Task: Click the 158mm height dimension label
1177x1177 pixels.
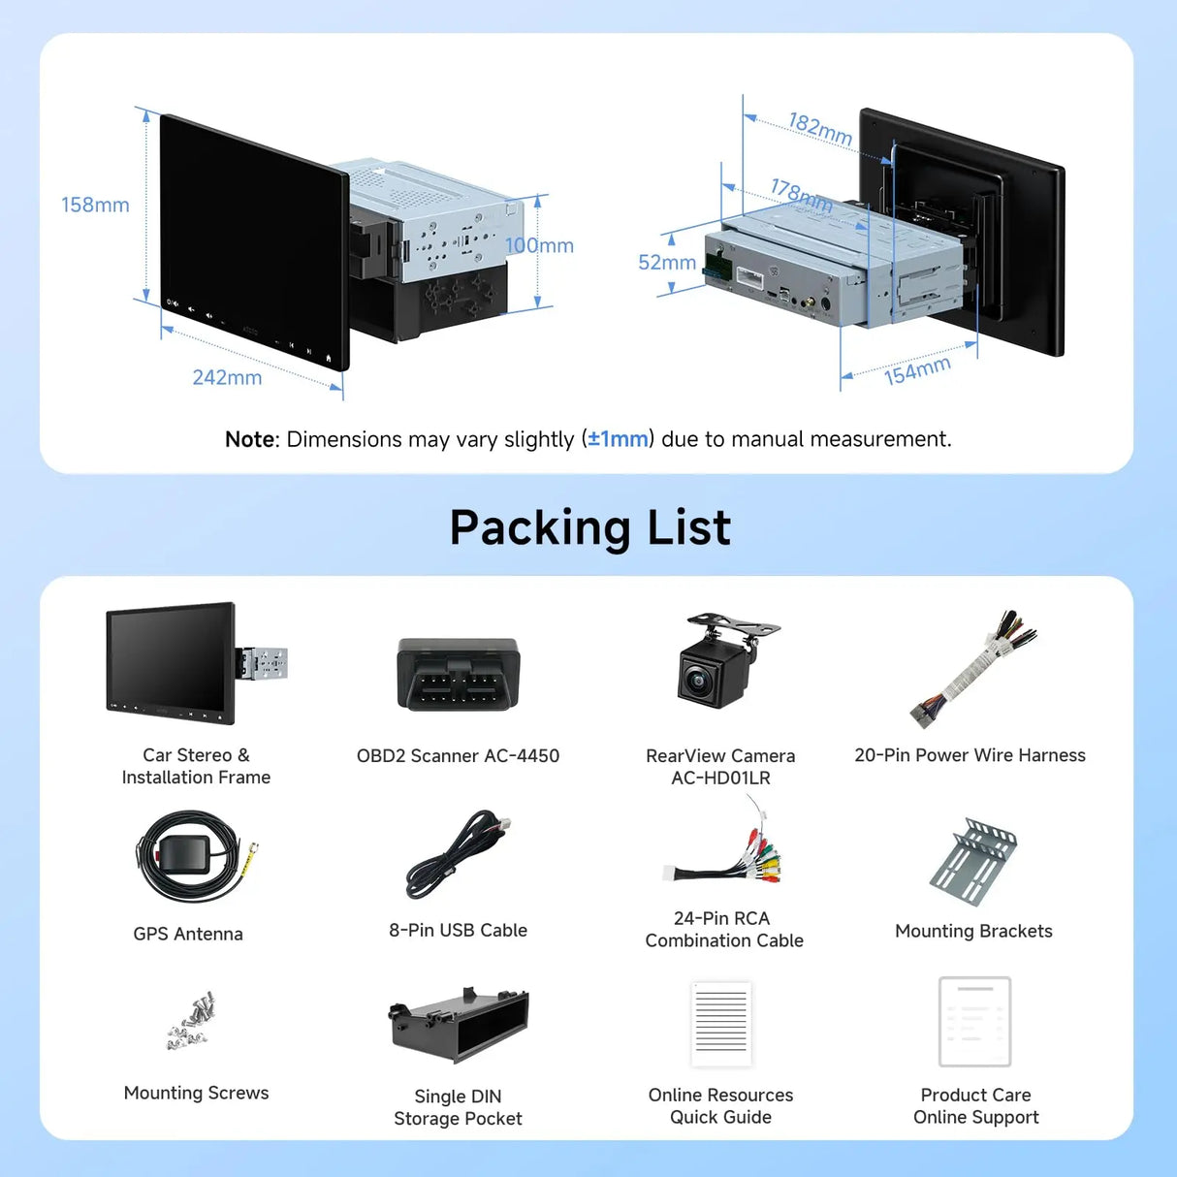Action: click(95, 205)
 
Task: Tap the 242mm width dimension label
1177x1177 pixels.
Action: click(227, 377)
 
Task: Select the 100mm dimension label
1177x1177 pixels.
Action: click(540, 245)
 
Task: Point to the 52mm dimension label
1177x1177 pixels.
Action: click(667, 263)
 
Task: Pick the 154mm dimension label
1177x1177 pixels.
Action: click(917, 370)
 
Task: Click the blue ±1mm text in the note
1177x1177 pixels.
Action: click(618, 439)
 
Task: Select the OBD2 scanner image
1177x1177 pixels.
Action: click(458, 675)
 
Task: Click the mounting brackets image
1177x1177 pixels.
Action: click(973, 861)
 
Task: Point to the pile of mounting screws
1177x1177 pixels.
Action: click(191, 1020)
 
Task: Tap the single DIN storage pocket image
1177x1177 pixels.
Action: click(458, 1024)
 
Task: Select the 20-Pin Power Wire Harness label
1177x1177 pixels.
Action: click(970, 755)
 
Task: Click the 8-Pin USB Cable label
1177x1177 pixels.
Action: click(458, 930)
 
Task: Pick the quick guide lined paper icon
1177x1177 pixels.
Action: click(721, 1024)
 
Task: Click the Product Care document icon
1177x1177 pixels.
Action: click(974, 1022)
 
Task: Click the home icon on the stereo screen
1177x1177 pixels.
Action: click(329, 358)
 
